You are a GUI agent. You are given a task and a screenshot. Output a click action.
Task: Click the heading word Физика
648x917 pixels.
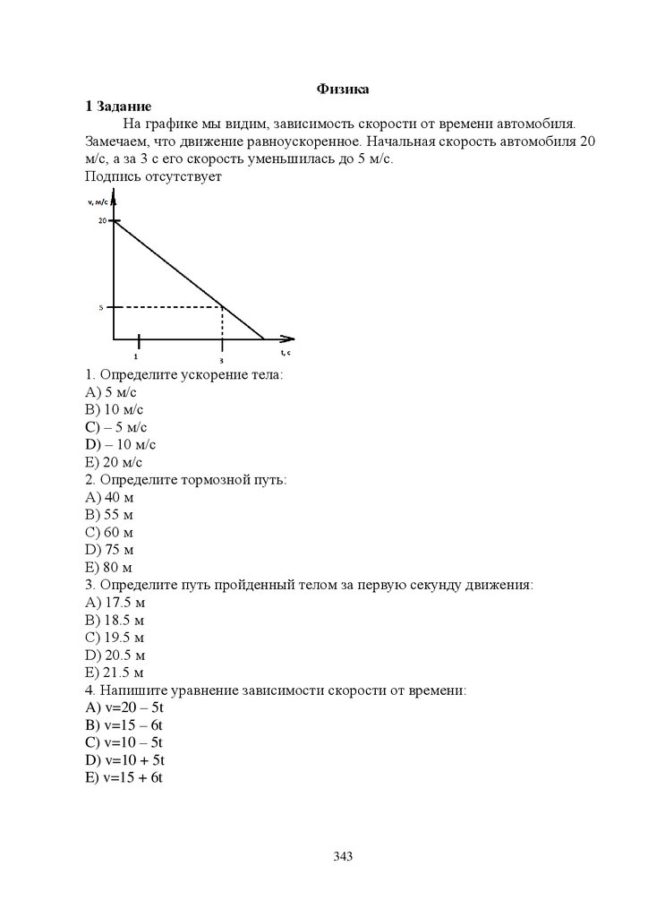[344, 89]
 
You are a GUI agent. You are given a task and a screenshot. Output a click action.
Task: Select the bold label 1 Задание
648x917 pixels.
[118, 106]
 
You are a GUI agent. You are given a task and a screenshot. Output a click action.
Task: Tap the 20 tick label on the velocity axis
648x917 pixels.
[103, 220]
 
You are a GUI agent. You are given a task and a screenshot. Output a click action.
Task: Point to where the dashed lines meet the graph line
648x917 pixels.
[222, 307]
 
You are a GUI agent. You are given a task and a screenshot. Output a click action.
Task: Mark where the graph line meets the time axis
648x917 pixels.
[264, 340]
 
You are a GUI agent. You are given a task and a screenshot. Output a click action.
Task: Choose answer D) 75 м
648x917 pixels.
[109, 550]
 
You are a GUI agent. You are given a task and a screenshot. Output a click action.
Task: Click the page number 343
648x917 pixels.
[343, 856]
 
